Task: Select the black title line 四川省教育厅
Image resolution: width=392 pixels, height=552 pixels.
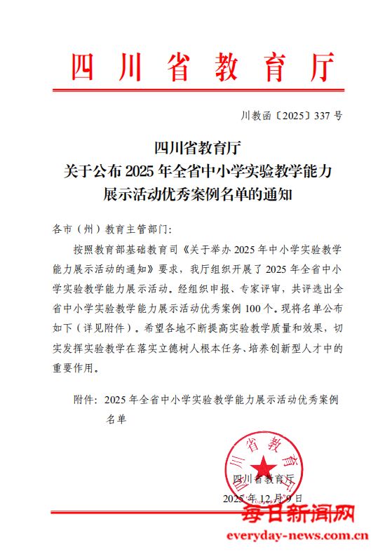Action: (x=196, y=148)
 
